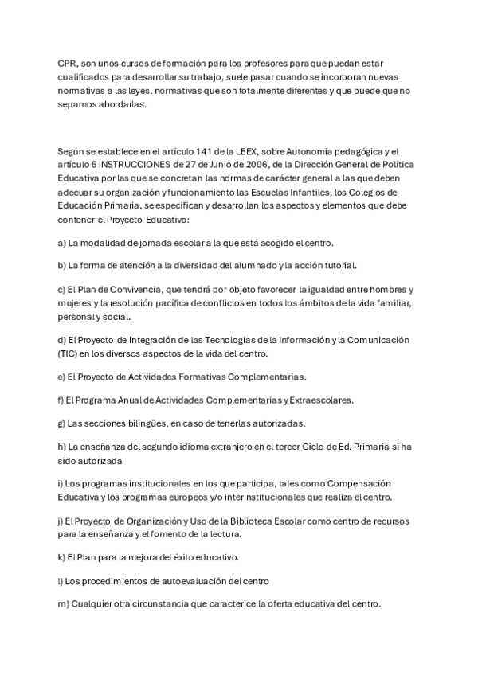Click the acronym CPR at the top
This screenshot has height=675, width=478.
pos(68,62)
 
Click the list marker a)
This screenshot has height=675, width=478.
pos(62,243)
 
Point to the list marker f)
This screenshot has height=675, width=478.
pos(61,399)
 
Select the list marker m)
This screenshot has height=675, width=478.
pos(64,603)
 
